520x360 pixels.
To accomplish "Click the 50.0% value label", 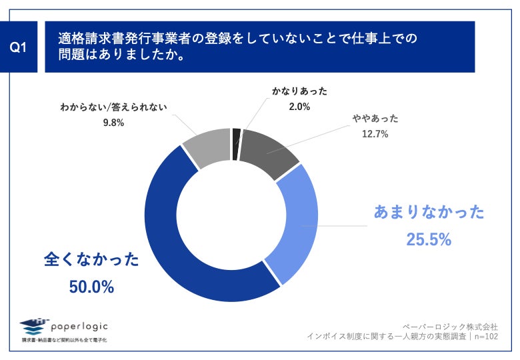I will point(91,287).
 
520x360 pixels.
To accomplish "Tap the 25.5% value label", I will point(429,239).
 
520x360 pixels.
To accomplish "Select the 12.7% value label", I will point(375,134).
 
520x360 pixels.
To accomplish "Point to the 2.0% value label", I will point(299,106).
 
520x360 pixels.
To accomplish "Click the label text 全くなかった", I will point(91,259).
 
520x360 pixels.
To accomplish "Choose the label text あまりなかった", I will point(429,213).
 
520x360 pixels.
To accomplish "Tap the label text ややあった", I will point(375,119).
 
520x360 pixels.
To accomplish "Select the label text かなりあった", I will point(299,91).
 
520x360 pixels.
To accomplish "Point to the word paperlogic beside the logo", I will point(78,325).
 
